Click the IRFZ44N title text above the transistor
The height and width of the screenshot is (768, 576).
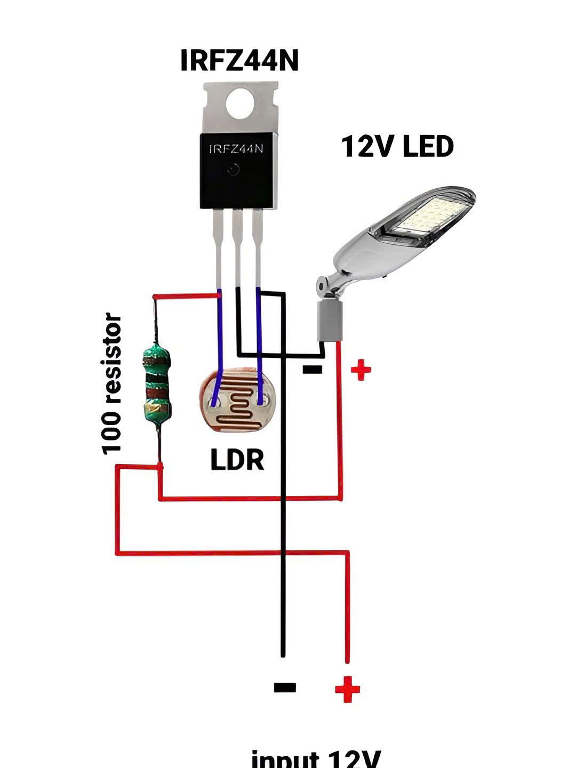[x=239, y=60]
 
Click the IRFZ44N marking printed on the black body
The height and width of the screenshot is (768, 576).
[x=237, y=149]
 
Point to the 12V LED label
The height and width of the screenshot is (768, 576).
[x=397, y=146]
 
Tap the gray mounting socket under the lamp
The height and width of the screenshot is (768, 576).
[x=330, y=320]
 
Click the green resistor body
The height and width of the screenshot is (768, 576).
[x=157, y=381]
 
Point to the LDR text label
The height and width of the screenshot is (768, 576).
[x=237, y=460]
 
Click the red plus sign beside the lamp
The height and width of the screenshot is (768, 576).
[x=361, y=370]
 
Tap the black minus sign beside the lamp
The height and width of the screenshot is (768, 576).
[x=312, y=369]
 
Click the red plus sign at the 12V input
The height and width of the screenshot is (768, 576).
[x=347, y=689]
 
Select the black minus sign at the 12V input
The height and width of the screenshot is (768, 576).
[x=285, y=687]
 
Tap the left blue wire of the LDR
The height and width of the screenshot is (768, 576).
[x=219, y=347]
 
